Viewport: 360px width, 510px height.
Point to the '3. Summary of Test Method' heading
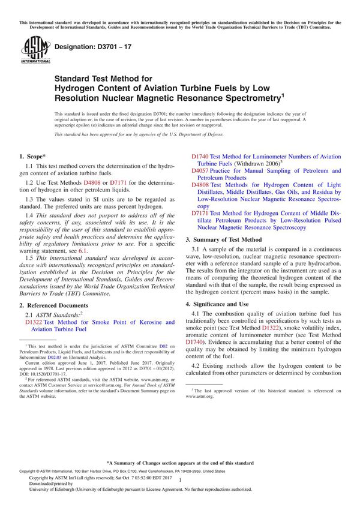click(x=230, y=239)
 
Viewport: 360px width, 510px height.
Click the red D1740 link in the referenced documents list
click(x=200, y=156)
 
